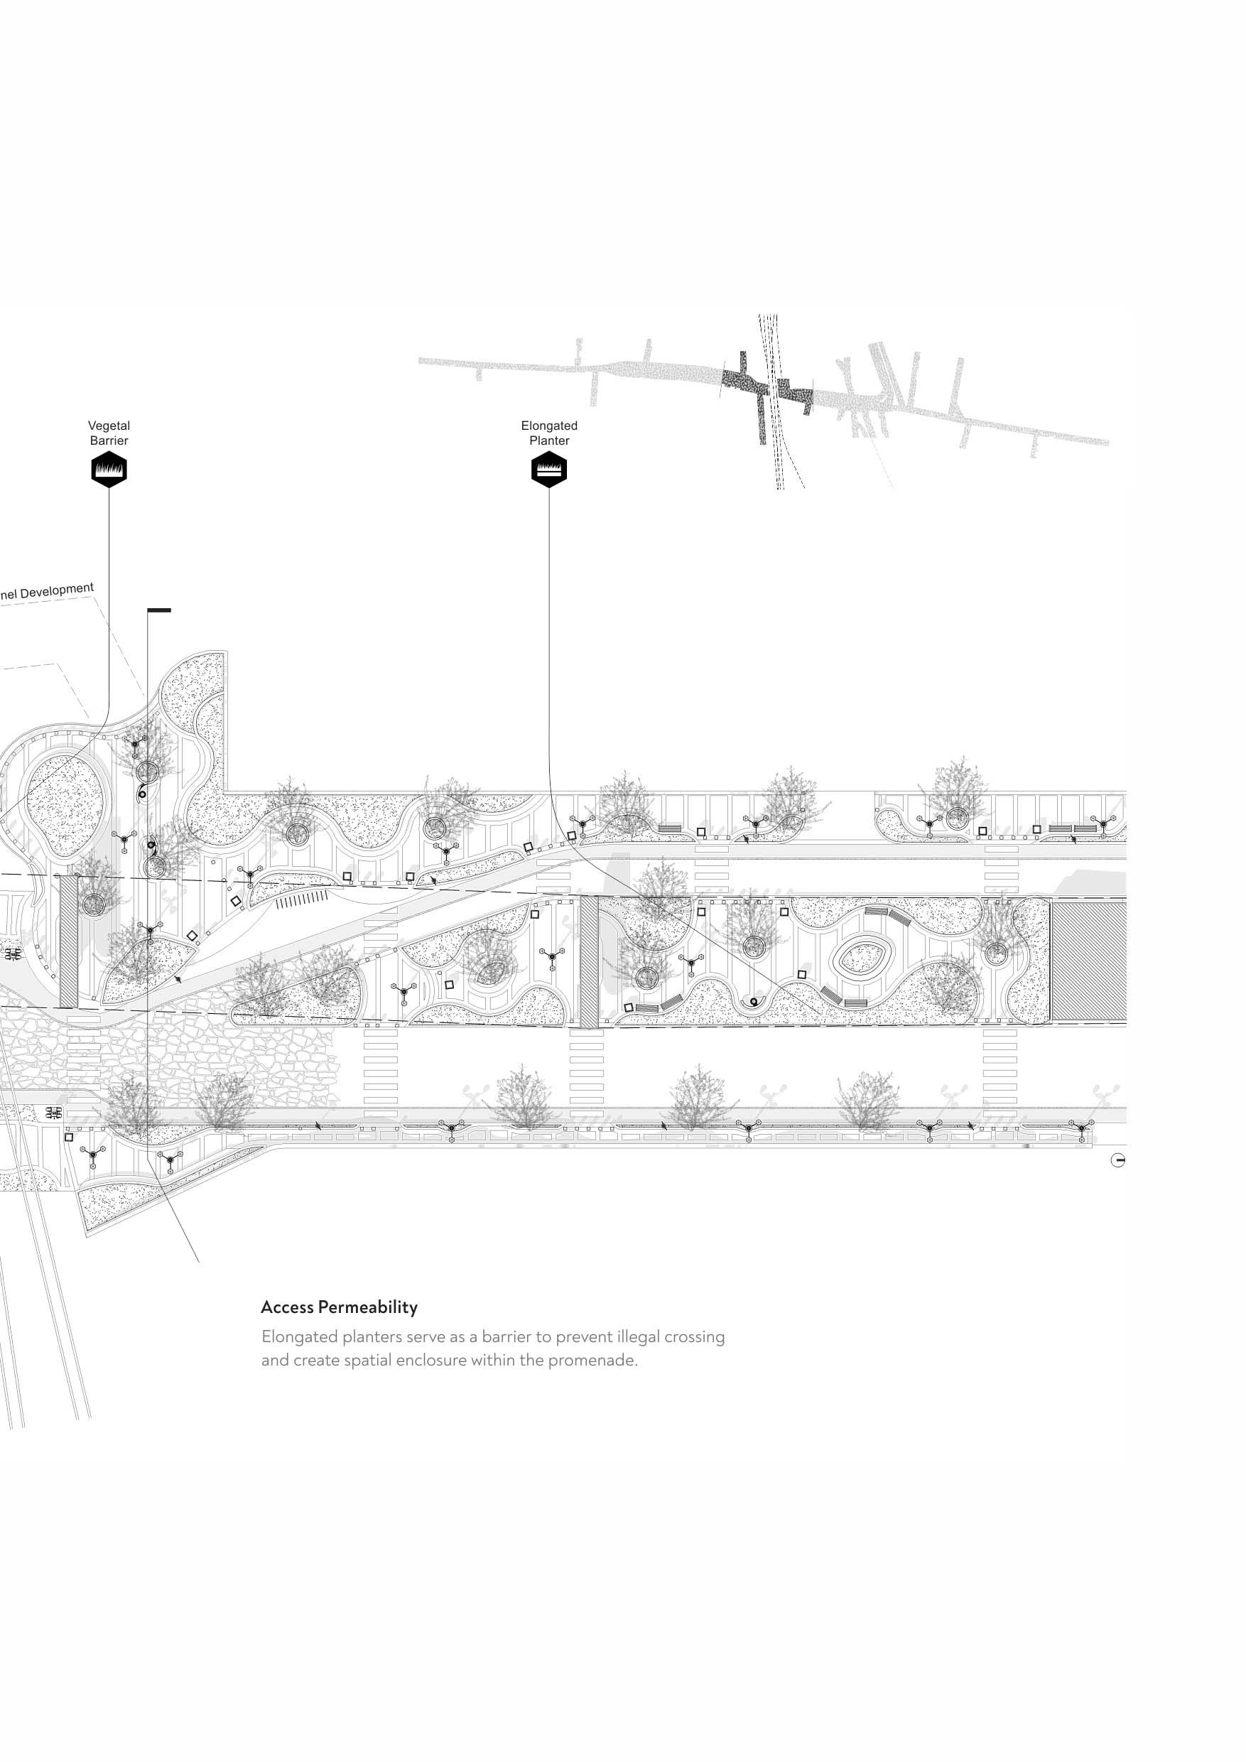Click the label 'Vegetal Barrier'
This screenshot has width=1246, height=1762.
click(109, 433)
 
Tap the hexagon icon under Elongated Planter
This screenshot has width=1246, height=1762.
click(549, 469)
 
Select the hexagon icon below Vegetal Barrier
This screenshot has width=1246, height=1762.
click(109, 469)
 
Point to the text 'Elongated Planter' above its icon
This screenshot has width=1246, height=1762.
click(549, 433)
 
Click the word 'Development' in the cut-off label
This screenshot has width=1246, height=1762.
click(57, 592)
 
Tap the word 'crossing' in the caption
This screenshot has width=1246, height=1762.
click(694, 1337)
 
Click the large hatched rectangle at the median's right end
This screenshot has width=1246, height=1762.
click(1088, 961)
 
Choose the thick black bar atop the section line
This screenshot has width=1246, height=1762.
click(159, 611)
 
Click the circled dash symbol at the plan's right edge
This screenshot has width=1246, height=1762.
click(1118, 1161)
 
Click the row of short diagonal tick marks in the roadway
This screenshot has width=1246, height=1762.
click(301, 899)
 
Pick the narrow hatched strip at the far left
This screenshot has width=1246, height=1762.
click(68, 941)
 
